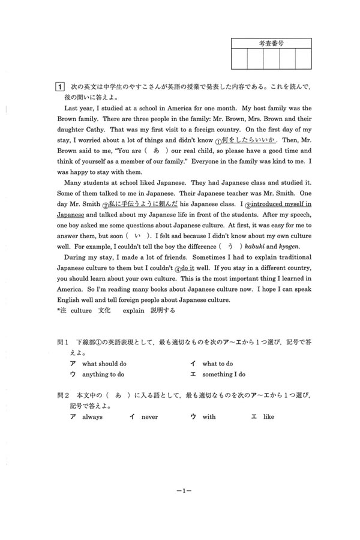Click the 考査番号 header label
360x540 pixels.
click(x=271, y=43)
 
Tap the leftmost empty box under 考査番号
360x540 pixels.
click(x=239, y=59)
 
